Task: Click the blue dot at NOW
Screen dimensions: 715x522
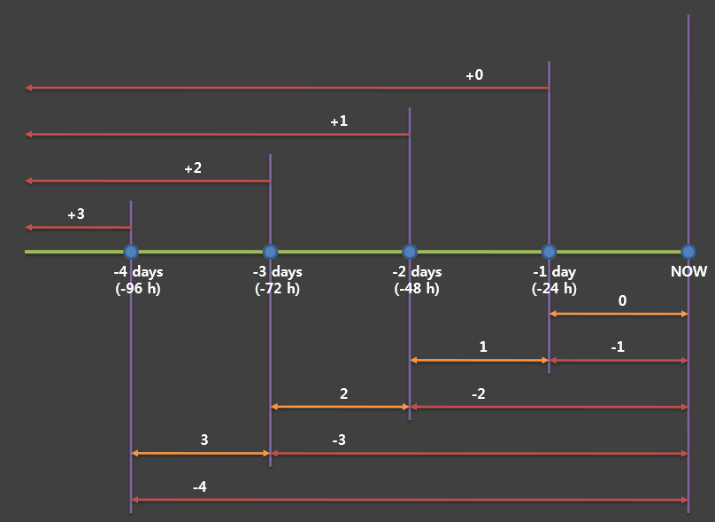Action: [x=688, y=252]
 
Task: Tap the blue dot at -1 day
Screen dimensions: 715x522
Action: [x=549, y=252]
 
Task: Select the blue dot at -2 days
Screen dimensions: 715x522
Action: [x=410, y=252]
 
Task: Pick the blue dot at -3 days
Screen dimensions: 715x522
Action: [x=270, y=252]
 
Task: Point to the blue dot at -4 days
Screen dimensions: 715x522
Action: [x=131, y=252]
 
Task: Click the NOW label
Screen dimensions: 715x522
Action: [x=689, y=272]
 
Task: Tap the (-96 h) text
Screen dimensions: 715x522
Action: [x=138, y=288]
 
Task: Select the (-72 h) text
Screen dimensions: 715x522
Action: [x=277, y=288]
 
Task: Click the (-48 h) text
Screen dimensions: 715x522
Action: [x=417, y=288]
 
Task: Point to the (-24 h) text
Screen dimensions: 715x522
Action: [x=554, y=288]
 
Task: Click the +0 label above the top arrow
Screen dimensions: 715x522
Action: [x=474, y=75]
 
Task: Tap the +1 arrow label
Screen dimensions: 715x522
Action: [x=339, y=121]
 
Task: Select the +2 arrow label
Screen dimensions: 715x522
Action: [x=193, y=168]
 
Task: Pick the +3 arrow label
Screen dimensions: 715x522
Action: [x=76, y=214]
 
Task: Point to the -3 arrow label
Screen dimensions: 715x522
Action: [x=339, y=440]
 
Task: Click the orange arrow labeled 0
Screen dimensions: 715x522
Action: [x=619, y=314]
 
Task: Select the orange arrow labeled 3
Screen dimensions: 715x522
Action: [x=200, y=453]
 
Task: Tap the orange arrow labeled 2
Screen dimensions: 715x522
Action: [x=340, y=407]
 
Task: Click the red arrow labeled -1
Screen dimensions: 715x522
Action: [x=619, y=360]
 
